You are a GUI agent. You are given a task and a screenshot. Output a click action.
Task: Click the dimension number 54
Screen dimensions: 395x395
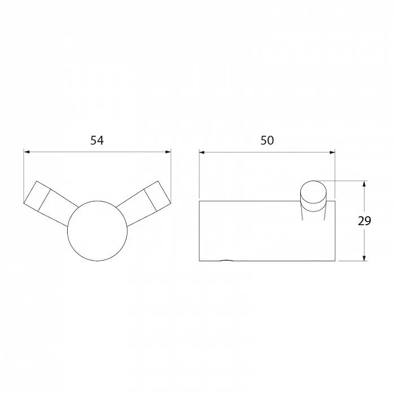click(97, 141)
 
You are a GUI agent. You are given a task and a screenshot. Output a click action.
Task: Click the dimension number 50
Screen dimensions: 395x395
click(267, 141)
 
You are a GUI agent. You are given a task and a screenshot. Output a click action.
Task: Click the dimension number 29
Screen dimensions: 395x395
click(365, 221)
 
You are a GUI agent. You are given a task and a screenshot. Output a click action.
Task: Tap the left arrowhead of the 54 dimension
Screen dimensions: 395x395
click(27, 152)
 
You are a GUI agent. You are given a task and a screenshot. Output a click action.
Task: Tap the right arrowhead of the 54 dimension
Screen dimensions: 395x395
click(168, 152)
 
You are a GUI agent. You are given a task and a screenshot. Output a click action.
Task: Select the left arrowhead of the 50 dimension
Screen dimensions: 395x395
click(202, 152)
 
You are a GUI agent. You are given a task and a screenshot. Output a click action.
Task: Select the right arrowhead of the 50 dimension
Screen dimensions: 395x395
click(332, 152)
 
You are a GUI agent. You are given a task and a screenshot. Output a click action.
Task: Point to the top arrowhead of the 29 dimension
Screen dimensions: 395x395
click(364, 183)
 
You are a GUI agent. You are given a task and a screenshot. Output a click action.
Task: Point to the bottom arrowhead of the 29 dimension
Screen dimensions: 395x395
click(364, 258)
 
